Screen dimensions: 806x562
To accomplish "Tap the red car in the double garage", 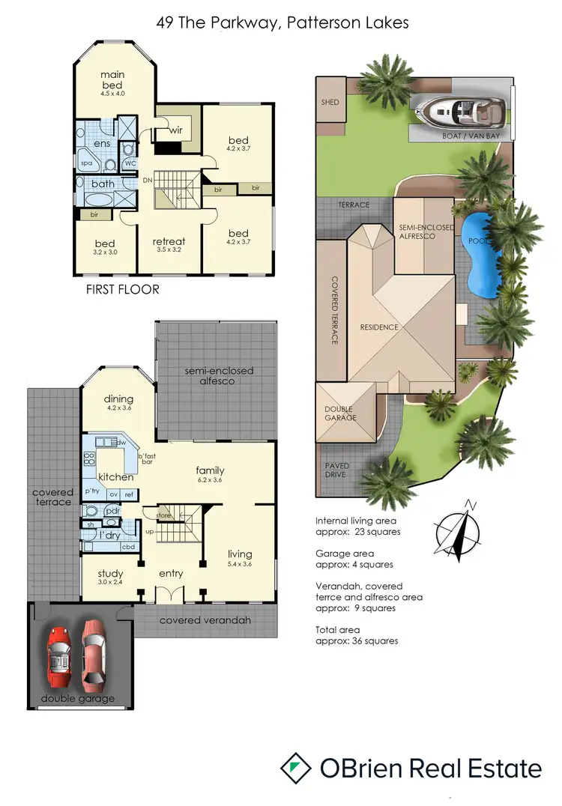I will coord(62,652).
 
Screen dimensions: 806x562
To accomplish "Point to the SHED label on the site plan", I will coord(330,102).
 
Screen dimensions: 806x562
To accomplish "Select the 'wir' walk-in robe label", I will coord(176,130).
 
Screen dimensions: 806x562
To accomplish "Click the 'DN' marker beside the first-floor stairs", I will coord(148,180).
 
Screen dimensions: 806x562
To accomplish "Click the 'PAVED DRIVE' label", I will coord(337,470).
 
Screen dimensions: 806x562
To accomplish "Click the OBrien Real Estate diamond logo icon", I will coord(296,768).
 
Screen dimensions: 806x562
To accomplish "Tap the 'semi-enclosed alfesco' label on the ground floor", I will coord(219,375).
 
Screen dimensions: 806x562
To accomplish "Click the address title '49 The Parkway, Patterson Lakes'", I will coord(282,23).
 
